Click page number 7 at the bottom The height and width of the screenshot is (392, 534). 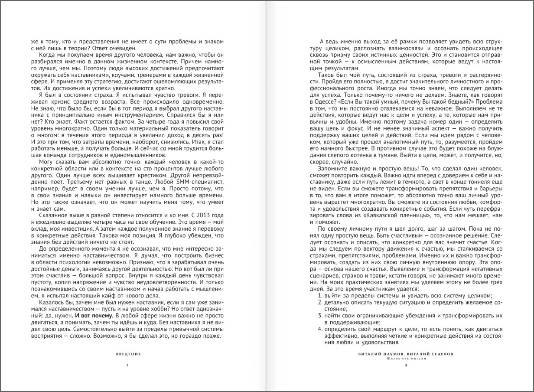pos(127,366)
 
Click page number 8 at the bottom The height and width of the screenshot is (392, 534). pos(406,366)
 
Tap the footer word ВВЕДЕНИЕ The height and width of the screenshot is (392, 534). pos(129,354)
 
